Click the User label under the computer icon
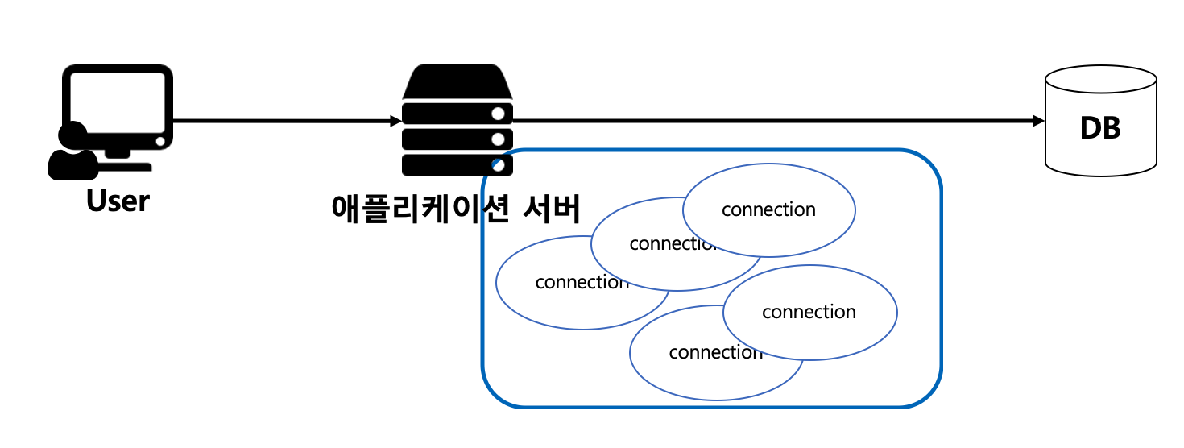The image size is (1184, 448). point(118,201)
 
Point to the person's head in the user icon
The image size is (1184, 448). point(73,135)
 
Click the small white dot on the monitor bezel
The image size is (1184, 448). point(161,141)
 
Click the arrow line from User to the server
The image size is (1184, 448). point(282,122)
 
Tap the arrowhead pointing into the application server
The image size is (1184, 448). point(395,122)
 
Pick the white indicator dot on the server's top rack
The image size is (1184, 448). point(499,113)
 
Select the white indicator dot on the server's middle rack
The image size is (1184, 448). point(499,139)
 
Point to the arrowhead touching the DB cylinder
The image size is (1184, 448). point(1038,121)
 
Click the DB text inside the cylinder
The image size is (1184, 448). point(1100,129)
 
